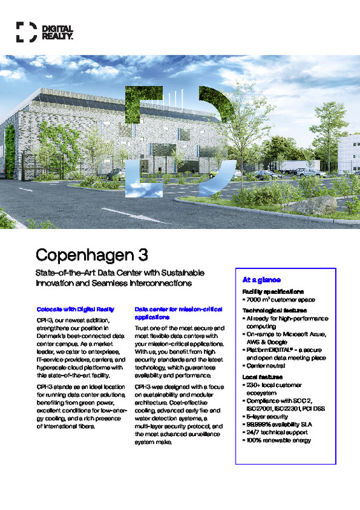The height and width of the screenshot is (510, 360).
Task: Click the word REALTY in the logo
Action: pos(57,36)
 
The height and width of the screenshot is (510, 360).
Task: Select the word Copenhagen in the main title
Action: pos(87,256)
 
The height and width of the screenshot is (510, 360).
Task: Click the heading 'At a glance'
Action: pos(257,280)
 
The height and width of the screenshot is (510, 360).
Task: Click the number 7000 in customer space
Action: pos(256,299)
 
